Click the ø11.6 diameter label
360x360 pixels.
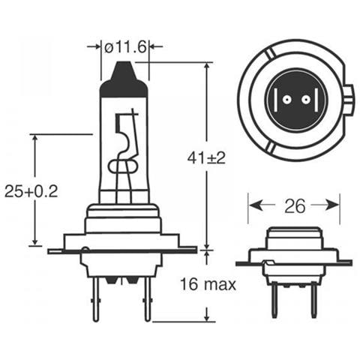point(124,46)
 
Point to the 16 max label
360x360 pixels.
point(208,284)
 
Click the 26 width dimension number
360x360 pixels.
point(295,205)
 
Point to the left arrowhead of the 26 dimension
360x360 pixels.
point(253,205)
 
